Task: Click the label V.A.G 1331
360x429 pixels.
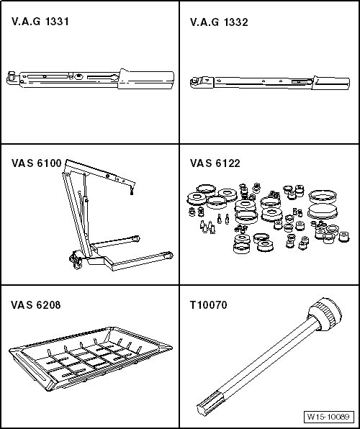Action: pos(40,22)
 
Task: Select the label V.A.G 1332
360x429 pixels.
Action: pos(219,22)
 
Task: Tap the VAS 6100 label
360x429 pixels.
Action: pos(37,163)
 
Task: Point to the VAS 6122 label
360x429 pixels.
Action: pos(215,163)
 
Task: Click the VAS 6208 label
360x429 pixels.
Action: pos(35,304)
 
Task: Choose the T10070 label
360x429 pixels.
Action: pos(209,304)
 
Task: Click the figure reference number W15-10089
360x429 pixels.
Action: pos(328,417)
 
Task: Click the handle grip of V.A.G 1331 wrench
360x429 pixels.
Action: pos(146,79)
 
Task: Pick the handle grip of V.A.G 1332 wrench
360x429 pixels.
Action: pos(331,83)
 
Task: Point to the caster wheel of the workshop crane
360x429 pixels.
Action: pos(76,262)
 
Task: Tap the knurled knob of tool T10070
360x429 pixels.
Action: pos(325,314)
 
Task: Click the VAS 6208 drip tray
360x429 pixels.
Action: pos(90,358)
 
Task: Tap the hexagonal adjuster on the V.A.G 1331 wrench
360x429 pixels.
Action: pos(79,76)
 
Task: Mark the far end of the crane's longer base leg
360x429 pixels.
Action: pos(170,256)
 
